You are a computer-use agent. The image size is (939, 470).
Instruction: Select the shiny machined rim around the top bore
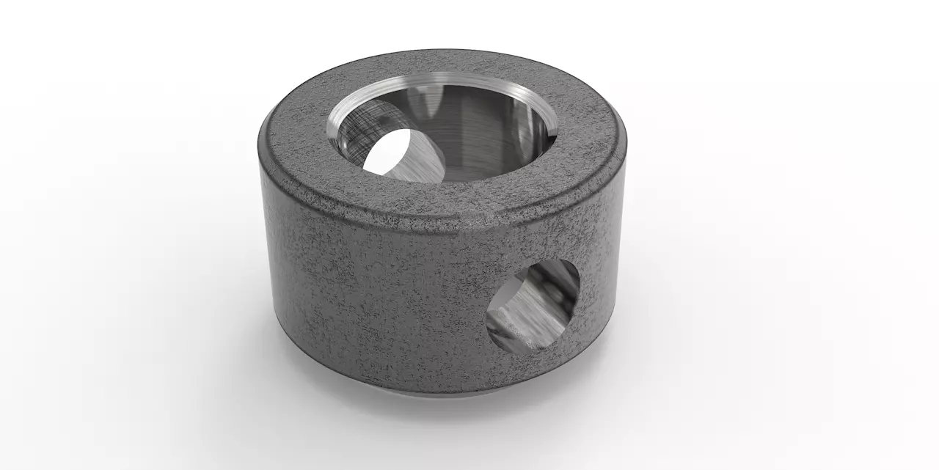point(440,79)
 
